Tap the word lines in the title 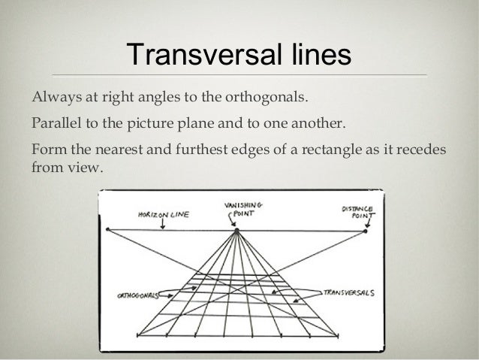tap(315, 56)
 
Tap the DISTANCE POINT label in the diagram tap(358, 207)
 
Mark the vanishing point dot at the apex tap(237, 231)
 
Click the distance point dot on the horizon tap(365, 231)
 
